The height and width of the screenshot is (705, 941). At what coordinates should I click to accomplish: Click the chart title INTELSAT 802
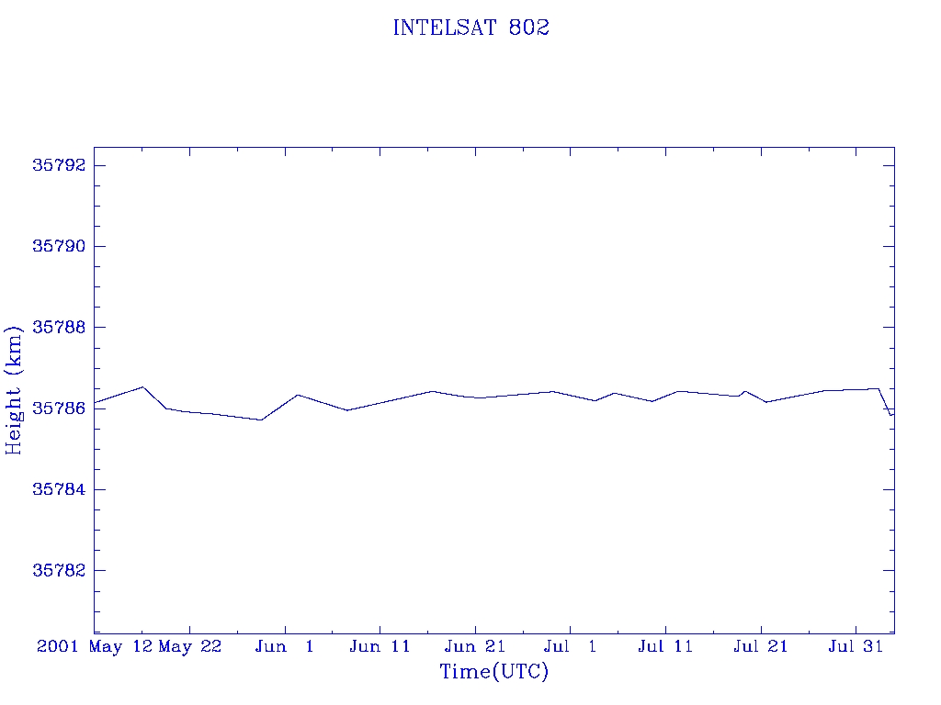click(x=471, y=28)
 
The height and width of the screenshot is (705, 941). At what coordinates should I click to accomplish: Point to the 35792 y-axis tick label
click(x=59, y=165)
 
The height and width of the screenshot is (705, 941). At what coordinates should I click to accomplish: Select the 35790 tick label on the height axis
click(x=59, y=246)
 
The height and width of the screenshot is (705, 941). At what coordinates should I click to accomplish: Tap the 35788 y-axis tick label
click(x=59, y=328)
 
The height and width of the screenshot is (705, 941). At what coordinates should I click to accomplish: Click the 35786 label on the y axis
click(x=59, y=408)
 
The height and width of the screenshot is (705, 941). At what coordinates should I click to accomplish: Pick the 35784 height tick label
click(x=59, y=489)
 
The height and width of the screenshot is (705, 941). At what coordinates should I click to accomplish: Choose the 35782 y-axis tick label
click(x=59, y=570)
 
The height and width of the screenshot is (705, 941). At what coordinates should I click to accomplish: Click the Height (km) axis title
click(x=14, y=390)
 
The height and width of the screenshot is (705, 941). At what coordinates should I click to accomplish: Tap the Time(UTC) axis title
click(x=494, y=671)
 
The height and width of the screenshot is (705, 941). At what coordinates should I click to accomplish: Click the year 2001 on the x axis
click(x=58, y=646)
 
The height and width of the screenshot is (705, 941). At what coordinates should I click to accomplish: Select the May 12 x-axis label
click(x=120, y=647)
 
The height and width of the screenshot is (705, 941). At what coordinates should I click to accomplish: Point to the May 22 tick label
click(x=190, y=647)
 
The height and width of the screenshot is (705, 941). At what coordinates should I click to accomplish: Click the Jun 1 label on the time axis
click(x=285, y=646)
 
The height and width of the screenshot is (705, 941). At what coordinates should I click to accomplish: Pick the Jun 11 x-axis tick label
click(x=380, y=646)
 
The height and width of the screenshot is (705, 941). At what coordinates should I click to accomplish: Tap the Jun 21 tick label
click(x=475, y=646)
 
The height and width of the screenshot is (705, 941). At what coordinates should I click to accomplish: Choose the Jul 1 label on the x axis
click(x=570, y=646)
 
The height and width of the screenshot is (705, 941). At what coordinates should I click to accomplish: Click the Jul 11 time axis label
click(x=665, y=646)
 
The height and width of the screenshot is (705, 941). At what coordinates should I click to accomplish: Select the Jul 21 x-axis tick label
click(x=760, y=646)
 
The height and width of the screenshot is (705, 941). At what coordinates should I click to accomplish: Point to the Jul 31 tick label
click(x=856, y=646)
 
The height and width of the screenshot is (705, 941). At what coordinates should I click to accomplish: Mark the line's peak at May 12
click(x=142, y=386)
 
